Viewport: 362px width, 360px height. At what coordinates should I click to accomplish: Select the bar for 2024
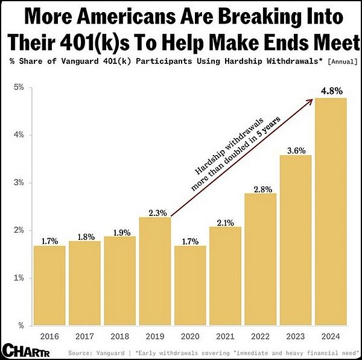[x=330, y=211]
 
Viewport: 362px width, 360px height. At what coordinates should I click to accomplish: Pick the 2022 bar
[x=260, y=259]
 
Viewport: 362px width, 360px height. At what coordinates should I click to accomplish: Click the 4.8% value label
[x=331, y=91]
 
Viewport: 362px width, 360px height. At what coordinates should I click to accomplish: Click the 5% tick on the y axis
[x=19, y=87]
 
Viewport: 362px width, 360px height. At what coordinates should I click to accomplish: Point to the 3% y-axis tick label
[x=19, y=182]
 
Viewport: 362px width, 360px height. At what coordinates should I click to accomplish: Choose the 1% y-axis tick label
[x=19, y=278]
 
